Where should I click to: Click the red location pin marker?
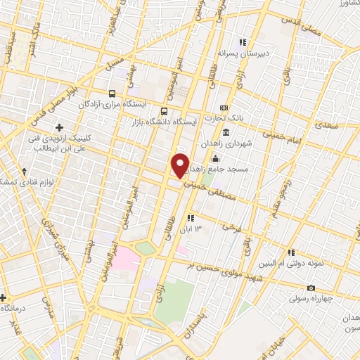181,165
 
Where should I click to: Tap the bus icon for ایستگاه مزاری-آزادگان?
112,94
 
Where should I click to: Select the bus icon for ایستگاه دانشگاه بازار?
165,111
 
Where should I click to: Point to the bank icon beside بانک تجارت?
224,107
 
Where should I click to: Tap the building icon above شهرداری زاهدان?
226,133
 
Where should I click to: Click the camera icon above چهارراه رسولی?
311,288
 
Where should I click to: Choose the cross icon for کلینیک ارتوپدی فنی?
59,128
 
